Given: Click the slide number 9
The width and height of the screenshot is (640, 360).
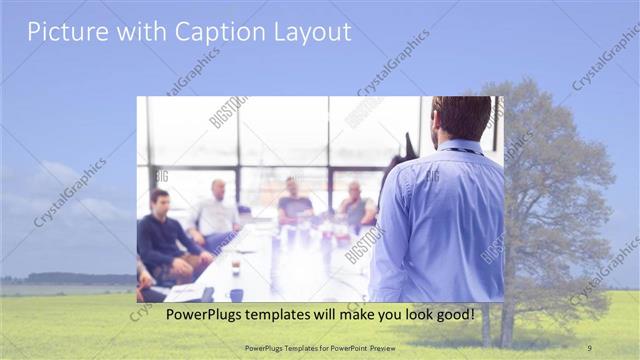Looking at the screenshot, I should click(590, 347).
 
